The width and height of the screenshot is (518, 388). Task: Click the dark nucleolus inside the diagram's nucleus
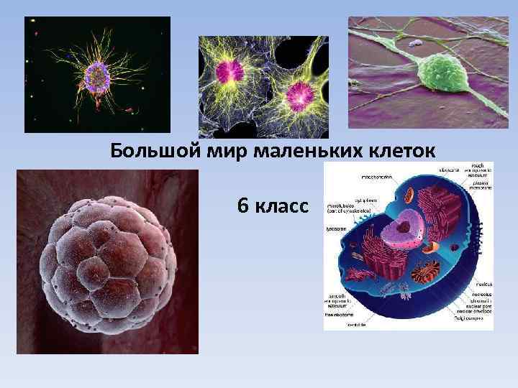(405, 228)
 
